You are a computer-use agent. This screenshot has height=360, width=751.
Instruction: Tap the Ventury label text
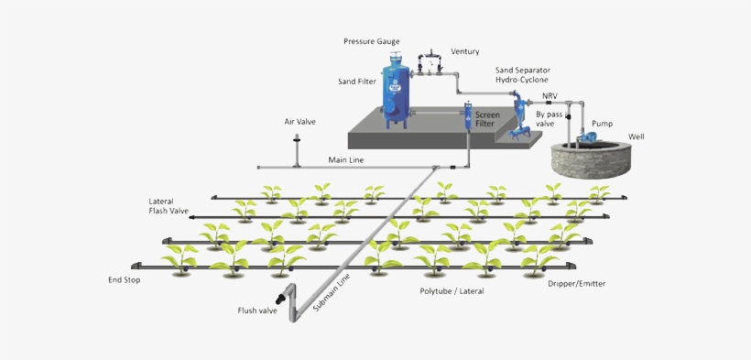pyautogui.click(x=464, y=52)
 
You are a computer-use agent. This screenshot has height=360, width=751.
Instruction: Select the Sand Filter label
pyautogui.click(x=356, y=82)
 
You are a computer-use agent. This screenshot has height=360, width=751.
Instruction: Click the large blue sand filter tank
pyautogui.click(x=397, y=92)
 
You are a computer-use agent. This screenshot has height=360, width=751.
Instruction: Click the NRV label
pyautogui.click(x=550, y=95)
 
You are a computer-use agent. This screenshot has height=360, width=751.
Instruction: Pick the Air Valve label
pyautogui.click(x=299, y=121)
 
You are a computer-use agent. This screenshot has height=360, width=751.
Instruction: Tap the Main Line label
pyautogui.click(x=346, y=160)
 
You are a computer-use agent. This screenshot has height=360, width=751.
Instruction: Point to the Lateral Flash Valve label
pyautogui.click(x=169, y=205)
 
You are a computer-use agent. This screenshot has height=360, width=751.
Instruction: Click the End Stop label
pyautogui.click(x=124, y=279)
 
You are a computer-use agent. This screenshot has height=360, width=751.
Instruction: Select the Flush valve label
pyautogui.click(x=257, y=311)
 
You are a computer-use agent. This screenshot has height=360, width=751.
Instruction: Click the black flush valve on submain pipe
pyautogui.click(x=279, y=299)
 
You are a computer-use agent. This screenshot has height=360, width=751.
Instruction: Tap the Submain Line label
pyautogui.click(x=332, y=293)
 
